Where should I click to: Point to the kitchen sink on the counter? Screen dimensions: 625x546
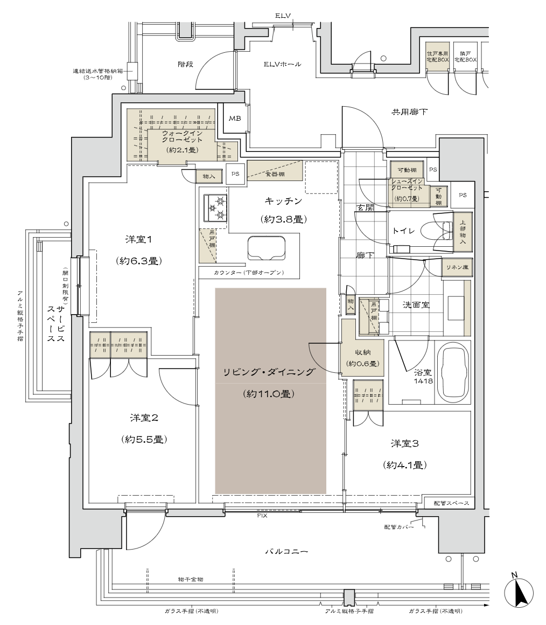click(266, 248)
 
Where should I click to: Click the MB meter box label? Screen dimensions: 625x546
click(235, 119)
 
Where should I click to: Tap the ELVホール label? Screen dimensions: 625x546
click(282, 65)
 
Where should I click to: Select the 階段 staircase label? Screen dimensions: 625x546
click(185, 64)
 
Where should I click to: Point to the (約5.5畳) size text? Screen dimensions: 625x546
click(143, 439)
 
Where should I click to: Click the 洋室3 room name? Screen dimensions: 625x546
click(405, 443)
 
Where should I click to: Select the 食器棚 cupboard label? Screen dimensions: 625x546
click(275, 175)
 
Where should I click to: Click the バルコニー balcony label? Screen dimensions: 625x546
click(286, 552)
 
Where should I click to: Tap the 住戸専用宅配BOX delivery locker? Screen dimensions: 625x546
click(437, 57)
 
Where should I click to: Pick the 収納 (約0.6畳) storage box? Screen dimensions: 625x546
click(362, 357)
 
